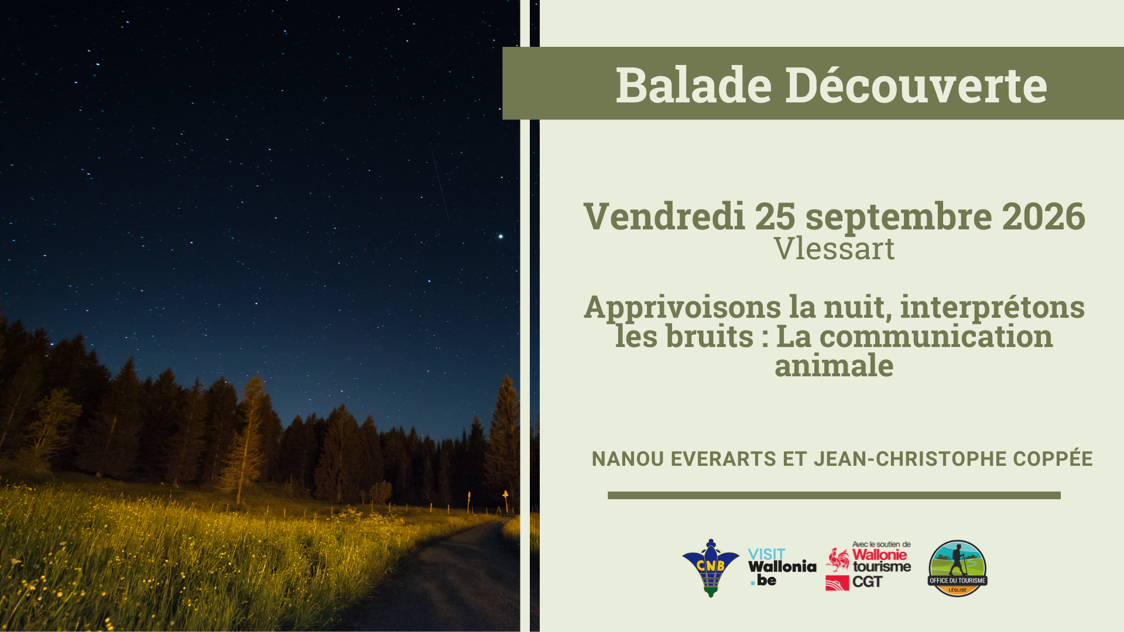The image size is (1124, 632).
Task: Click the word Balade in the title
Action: (694, 85)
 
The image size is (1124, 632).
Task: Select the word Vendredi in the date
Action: (664, 217)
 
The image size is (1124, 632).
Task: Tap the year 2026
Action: (1043, 217)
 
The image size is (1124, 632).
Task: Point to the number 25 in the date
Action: (775, 217)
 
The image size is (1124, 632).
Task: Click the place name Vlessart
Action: (834, 249)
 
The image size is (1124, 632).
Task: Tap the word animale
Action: (834, 366)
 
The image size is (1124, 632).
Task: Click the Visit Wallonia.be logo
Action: (781, 567)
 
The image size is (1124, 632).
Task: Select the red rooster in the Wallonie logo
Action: (838, 560)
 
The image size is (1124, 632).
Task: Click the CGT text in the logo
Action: (867, 582)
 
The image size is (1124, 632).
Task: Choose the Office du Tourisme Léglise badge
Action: (958, 568)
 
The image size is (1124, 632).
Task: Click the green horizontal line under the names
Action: (834, 495)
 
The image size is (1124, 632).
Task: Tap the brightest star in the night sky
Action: (501, 236)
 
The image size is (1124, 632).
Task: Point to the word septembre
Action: (899, 217)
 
